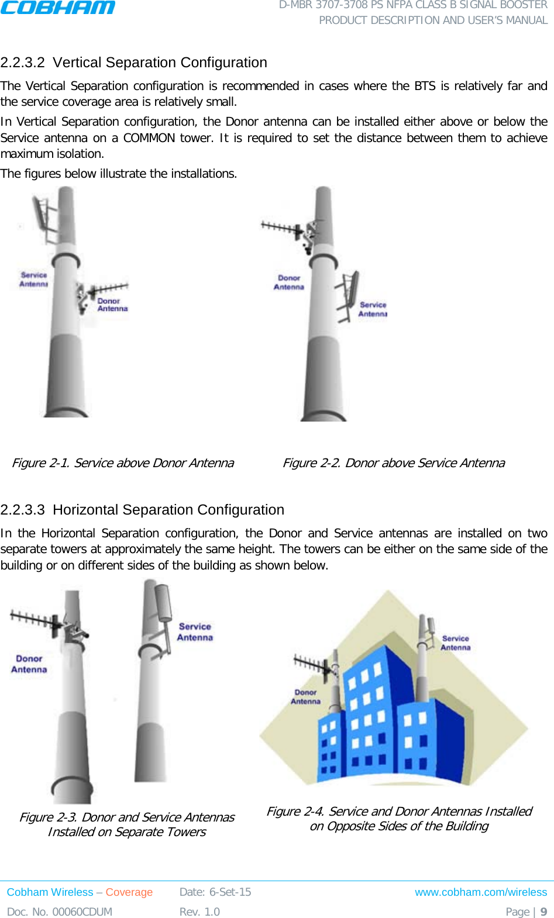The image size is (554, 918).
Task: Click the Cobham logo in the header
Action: [x=58, y=8]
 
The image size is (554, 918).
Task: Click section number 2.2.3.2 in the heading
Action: [x=23, y=63]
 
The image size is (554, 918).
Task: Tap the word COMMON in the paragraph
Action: [x=149, y=138]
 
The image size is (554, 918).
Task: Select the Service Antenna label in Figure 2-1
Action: [x=33, y=279]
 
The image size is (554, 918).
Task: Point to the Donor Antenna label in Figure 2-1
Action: [x=112, y=305]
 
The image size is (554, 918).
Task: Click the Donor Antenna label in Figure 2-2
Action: [x=289, y=282]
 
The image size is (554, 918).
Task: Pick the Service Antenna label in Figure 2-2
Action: [x=373, y=309]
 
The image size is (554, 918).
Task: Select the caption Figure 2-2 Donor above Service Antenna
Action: [x=393, y=463]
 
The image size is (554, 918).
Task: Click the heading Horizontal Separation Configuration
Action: [x=168, y=510]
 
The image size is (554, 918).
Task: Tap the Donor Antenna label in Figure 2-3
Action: [x=29, y=664]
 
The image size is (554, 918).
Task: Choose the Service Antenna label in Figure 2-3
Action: [x=195, y=632]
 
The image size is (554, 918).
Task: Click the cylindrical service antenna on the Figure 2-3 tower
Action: [x=162, y=602]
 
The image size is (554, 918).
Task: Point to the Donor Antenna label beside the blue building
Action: [x=305, y=696]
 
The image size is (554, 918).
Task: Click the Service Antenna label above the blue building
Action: [x=455, y=643]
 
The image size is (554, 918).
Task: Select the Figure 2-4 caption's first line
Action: [x=399, y=812]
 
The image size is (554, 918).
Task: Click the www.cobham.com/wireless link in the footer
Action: [x=481, y=892]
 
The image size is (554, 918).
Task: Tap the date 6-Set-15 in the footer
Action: [x=230, y=892]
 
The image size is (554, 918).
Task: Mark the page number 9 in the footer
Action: [x=543, y=912]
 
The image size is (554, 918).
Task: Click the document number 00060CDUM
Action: [x=82, y=912]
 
